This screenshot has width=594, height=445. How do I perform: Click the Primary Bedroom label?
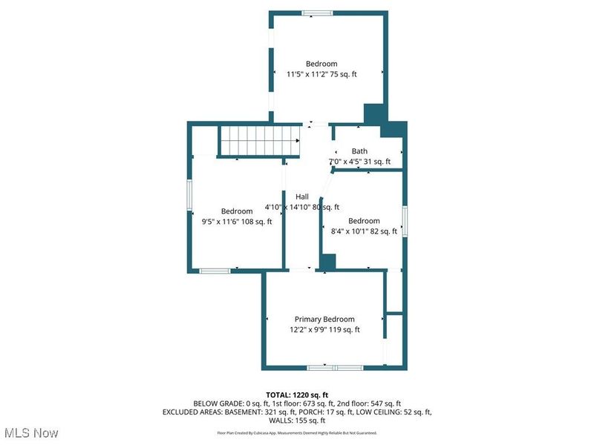tap(324, 319)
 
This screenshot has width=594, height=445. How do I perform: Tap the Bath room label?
tap(359, 151)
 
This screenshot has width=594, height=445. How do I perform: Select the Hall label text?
tap(302, 197)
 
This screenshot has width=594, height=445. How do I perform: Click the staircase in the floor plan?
tap(258, 140)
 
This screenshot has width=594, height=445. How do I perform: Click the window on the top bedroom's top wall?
tap(317, 12)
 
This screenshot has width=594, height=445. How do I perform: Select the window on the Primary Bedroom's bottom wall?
tap(334, 367)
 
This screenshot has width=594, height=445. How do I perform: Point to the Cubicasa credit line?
tap(297, 432)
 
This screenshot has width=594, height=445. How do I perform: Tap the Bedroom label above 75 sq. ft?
tap(322, 64)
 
